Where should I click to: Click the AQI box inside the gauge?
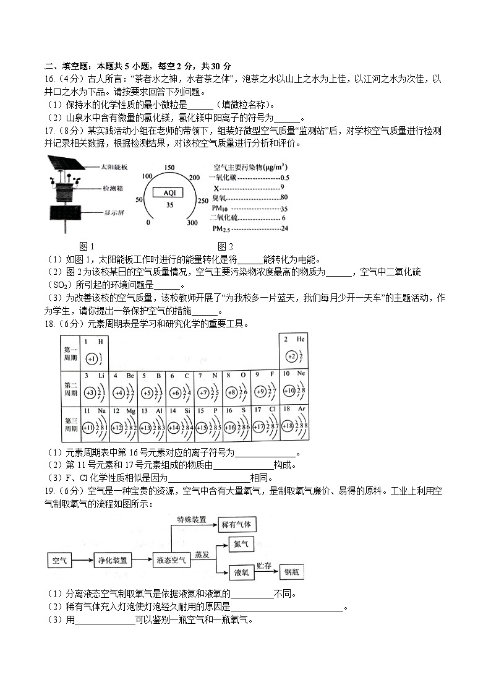[169, 192]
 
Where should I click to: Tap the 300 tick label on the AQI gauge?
[192, 223]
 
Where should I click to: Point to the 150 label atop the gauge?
[169, 167]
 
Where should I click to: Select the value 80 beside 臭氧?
[284, 197]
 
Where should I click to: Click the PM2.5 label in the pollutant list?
[220, 229]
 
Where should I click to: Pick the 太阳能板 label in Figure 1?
[114, 167]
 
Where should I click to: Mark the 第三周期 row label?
[70, 424]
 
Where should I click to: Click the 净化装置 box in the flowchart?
[113, 561]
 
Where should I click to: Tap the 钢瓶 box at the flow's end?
[292, 573]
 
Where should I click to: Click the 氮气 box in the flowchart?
[241, 545]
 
